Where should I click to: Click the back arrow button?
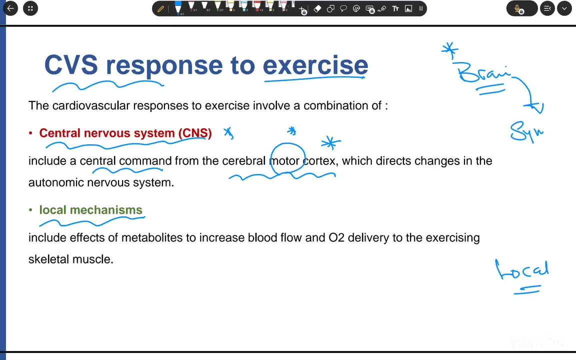(10, 8)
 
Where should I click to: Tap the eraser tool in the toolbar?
(317, 8)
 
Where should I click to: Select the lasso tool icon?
(343, 8)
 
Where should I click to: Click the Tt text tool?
(395, 8)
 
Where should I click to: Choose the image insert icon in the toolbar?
(408, 8)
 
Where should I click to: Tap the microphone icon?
(519, 9)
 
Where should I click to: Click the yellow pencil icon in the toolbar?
(160, 8)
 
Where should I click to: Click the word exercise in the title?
(315, 65)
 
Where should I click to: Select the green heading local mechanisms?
(90, 210)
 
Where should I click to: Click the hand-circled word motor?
(284, 161)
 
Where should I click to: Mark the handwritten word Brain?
(483, 74)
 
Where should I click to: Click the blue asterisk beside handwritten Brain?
(449, 49)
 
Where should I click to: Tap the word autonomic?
(56, 182)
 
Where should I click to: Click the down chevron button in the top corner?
(564, 8)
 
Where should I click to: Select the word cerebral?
(243, 161)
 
